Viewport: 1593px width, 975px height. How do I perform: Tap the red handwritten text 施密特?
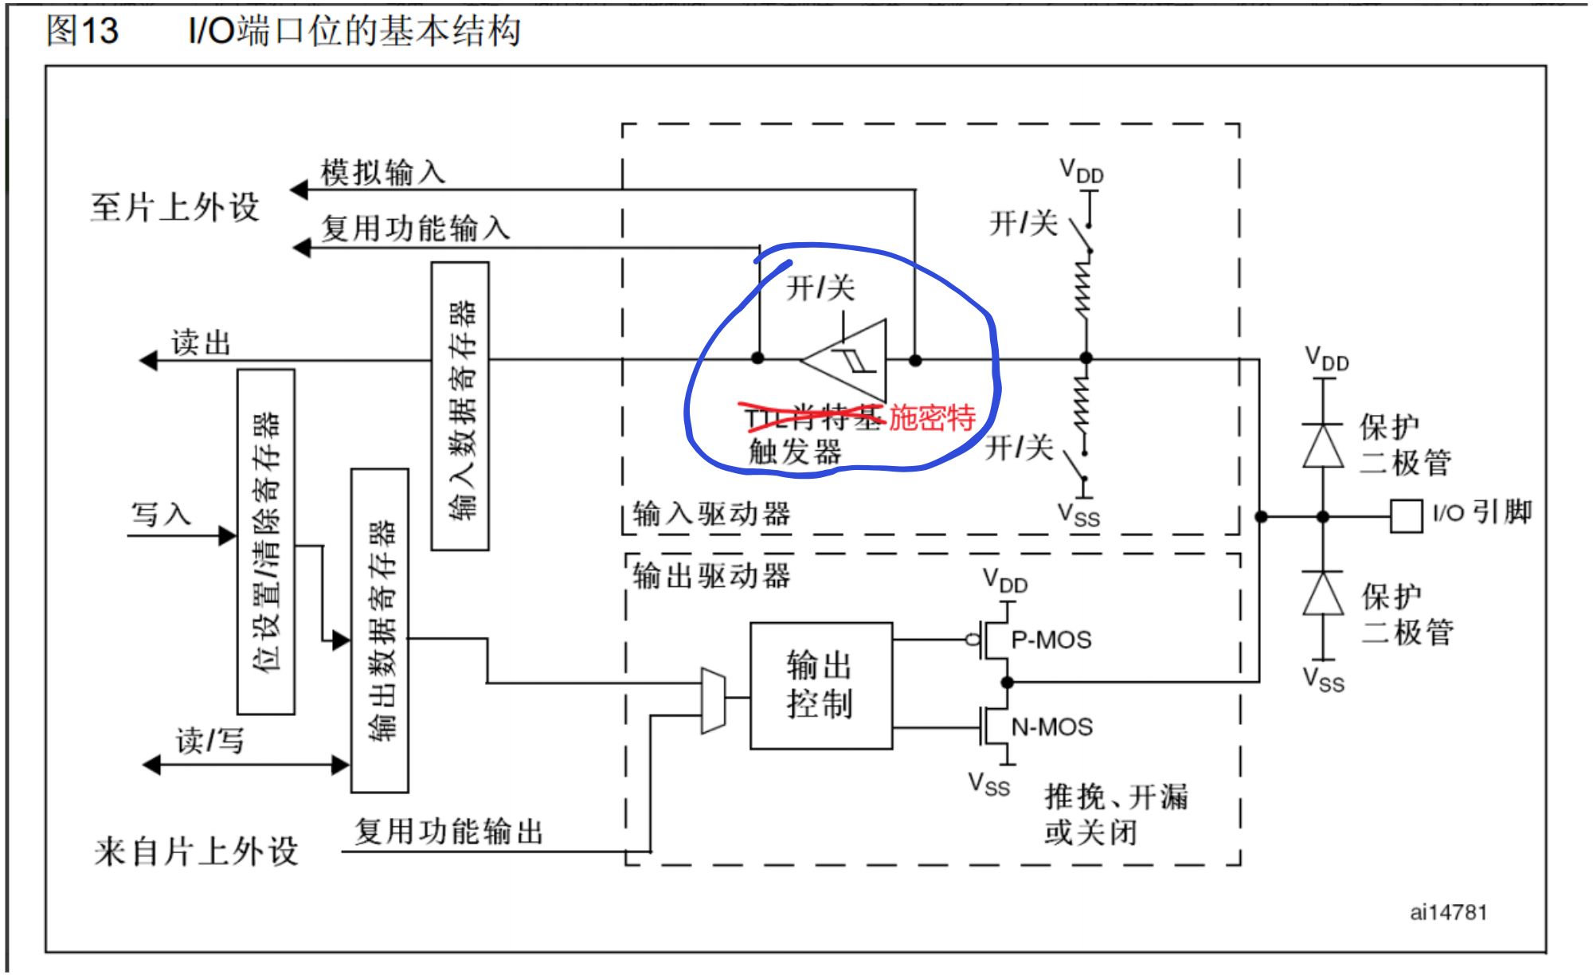(x=932, y=417)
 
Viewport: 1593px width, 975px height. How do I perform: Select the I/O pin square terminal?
(x=1406, y=516)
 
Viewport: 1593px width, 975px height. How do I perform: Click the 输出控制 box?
(x=820, y=685)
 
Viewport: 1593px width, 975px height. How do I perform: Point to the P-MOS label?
(x=1051, y=640)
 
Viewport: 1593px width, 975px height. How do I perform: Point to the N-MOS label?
(x=1051, y=726)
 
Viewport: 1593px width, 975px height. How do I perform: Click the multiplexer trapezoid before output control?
(x=713, y=699)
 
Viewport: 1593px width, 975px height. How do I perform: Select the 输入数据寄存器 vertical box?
(x=460, y=406)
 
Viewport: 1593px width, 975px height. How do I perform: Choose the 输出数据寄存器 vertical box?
(x=380, y=630)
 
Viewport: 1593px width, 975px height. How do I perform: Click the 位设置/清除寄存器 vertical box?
(x=266, y=542)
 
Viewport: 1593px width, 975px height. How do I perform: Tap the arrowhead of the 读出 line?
(x=149, y=361)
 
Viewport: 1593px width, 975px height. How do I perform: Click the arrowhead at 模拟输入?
(x=299, y=190)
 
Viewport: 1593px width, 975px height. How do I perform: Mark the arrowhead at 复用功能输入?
(x=301, y=248)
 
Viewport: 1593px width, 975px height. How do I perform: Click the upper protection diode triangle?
(x=1323, y=445)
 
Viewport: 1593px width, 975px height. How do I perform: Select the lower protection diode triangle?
(x=1323, y=593)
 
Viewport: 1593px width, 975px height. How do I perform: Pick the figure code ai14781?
(x=1448, y=912)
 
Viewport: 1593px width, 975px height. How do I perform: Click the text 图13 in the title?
(x=82, y=30)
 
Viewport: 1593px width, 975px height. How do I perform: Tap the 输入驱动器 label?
(x=711, y=514)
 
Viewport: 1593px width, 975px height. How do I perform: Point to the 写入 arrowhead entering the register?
(x=228, y=535)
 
